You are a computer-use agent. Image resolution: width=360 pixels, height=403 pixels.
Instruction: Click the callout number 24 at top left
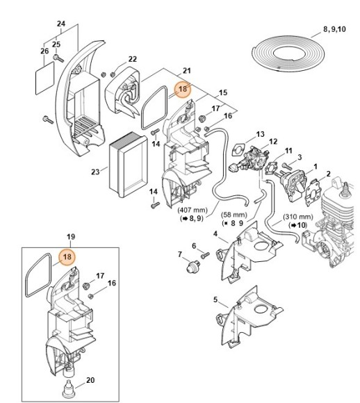(60, 24)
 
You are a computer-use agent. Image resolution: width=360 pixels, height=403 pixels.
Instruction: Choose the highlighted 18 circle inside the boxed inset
(67, 257)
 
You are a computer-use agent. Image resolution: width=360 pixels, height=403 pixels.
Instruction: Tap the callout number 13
(260, 133)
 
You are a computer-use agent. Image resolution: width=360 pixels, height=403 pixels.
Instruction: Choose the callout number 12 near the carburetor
(273, 142)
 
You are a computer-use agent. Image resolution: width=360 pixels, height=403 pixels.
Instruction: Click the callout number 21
(186, 71)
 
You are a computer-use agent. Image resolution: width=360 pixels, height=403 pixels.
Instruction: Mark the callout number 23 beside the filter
(95, 171)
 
